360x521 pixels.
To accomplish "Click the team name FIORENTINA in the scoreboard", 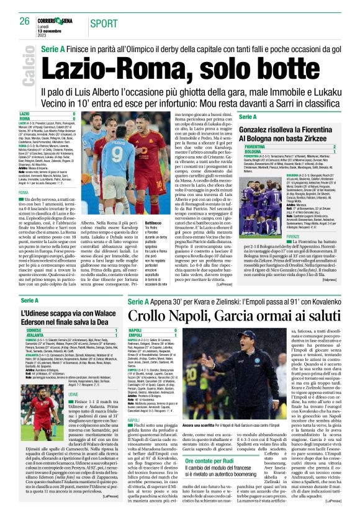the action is [255, 146].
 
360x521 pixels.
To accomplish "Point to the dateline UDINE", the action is [73, 411].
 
